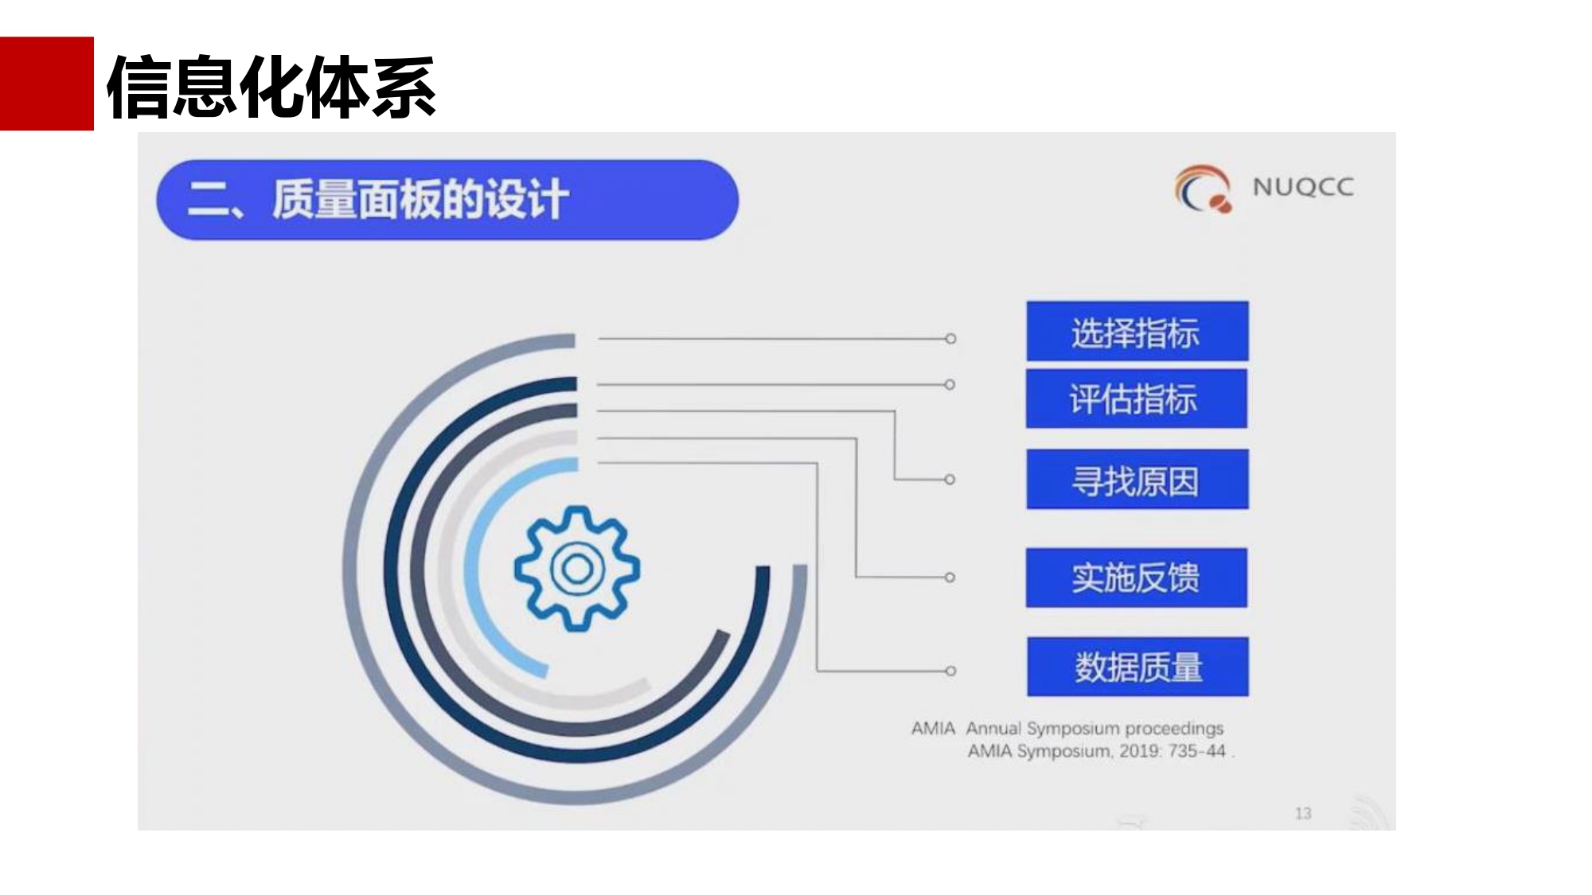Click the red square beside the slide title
[x=46, y=84]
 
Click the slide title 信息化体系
[x=271, y=88]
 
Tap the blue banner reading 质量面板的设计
[x=447, y=200]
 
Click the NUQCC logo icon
[x=1203, y=189]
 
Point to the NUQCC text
[x=1303, y=187]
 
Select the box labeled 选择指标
[x=1137, y=331]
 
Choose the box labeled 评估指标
[x=1137, y=399]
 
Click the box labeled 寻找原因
[x=1137, y=480]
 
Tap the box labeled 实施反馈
[x=1137, y=578]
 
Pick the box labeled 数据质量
[x=1137, y=667]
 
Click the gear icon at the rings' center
[x=577, y=568]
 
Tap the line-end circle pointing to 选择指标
[x=950, y=339]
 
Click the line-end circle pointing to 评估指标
[x=950, y=385]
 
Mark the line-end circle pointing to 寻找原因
[x=950, y=480]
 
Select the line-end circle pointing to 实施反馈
[x=950, y=578]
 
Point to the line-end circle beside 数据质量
[x=950, y=671]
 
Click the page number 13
[x=1303, y=813]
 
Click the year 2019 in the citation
[x=1139, y=751]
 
